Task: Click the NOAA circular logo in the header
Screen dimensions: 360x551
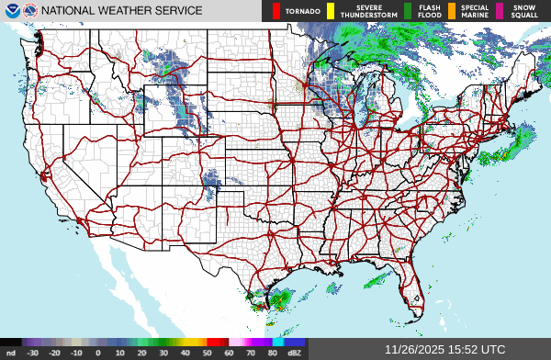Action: point(10,11)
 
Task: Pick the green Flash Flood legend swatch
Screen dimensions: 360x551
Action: point(409,11)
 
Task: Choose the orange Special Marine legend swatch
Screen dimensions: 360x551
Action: point(453,11)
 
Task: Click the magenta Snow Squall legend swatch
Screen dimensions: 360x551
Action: point(500,11)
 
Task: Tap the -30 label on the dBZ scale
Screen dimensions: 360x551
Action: point(32,352)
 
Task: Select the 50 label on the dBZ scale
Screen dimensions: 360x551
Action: point(208,352)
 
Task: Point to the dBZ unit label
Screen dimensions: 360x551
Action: point(295,352)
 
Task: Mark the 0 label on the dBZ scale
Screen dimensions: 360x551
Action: point(97,352)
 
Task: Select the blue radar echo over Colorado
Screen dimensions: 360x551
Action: point(212,180)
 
